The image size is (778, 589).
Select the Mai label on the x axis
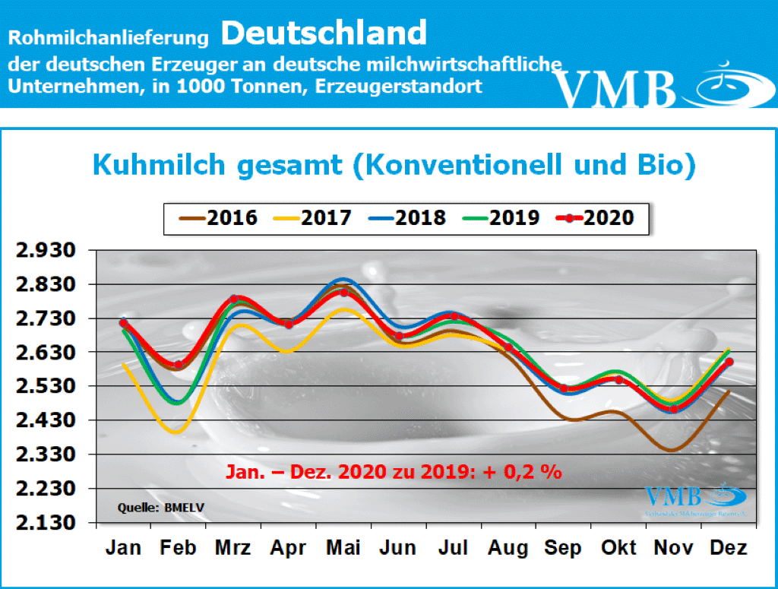pyautogui.click(x=343, y=548)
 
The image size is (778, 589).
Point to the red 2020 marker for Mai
pyautogui.click(x=344, y=293)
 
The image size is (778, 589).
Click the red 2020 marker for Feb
pyautogui.click(x=179, y=365)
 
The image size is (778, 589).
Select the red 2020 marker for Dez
pyautogui.click(x=729, y=362)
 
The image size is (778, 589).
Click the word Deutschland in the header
pyautogui.click(x=324, y=33)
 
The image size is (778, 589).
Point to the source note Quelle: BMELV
pyautogui.click(x=150, y=506)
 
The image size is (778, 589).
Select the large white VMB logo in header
pyautogui.click(x=615, y=89)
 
